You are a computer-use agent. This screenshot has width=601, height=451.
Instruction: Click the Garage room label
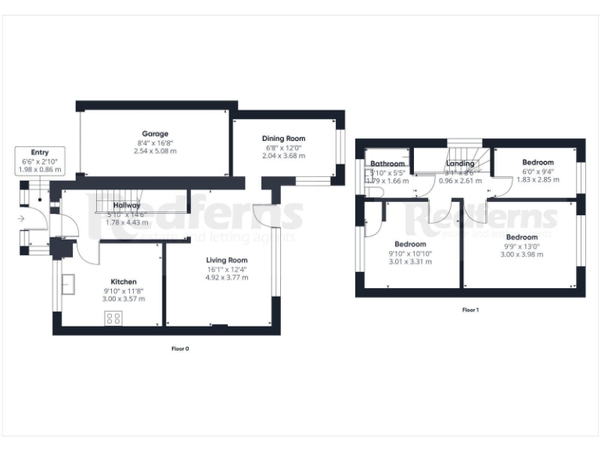pos(155,134)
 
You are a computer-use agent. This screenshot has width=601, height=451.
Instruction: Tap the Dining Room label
pos(283,139)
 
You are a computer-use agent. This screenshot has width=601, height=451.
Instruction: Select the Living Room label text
pos(227,260)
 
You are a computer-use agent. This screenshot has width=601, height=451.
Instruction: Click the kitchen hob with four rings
pos(113,318)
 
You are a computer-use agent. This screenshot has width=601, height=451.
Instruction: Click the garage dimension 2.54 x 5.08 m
pos(155,151)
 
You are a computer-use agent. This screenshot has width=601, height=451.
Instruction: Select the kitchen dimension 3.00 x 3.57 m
pos(124,299)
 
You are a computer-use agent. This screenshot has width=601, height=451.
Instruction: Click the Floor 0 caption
pos(180,348)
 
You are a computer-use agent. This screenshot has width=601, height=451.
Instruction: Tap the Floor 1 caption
pos(470,310)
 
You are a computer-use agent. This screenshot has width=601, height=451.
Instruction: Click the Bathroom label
pos(387,164)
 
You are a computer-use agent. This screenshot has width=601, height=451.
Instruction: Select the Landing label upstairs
pos(462,164)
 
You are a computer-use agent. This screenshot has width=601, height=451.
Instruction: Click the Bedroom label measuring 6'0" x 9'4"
pos(538,162)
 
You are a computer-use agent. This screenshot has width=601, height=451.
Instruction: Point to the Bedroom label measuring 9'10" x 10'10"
pos(410,244)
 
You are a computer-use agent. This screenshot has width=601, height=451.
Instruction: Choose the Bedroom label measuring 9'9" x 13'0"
pos(521,236)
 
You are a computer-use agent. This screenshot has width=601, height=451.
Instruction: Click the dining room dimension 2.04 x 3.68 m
pos(283,156)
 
